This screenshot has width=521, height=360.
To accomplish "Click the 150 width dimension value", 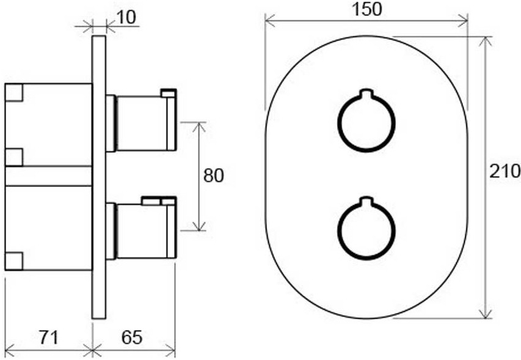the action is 366,9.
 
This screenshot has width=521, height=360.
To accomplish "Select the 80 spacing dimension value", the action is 214,175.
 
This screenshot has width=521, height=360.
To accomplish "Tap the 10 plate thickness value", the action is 126,17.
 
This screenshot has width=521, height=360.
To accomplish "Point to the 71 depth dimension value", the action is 49,337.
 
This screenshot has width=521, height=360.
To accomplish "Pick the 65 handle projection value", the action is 131,337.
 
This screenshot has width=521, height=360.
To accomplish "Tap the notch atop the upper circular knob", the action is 366,94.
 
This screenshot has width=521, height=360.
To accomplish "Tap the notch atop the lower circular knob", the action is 366,201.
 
